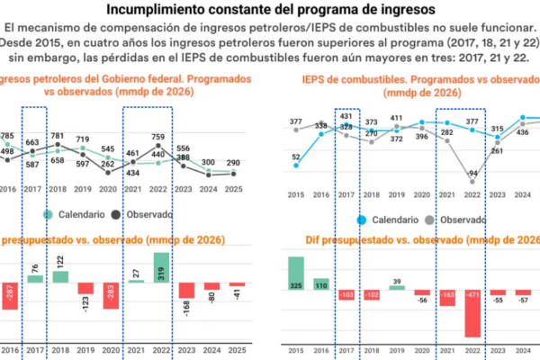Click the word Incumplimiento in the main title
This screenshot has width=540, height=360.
pyautogui.click(x=157, y=10)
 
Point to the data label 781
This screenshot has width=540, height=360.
pyautogui.click(x=57, y=137)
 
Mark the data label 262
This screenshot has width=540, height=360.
pyautogui.click(x=108, y=164)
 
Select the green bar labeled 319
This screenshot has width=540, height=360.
pyautogui.click(x=160, y=267)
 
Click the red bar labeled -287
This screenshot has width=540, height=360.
pyautogui.click(x=10, y=295)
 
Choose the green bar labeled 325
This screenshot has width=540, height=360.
pyautogui.click(x=296, y=274)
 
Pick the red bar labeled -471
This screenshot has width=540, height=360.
pyautogui.click(x=472, y=311)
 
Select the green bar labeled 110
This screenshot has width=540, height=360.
pyautogui.click(x=321, y=283)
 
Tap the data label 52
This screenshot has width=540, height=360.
pyautogui.click(x=296, y=157)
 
